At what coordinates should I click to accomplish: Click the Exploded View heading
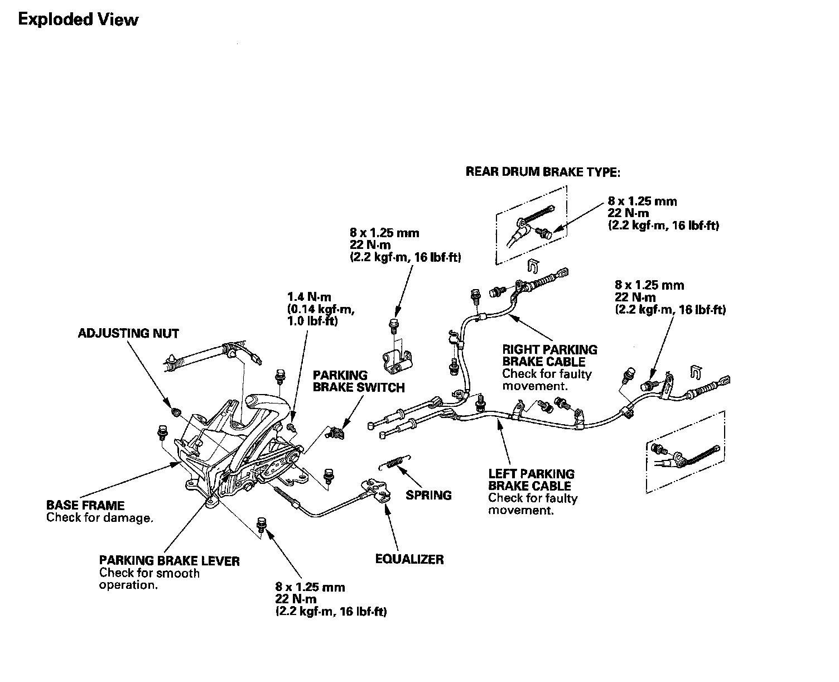tap(78, 20)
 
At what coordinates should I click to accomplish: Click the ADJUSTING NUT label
tap(128, 334)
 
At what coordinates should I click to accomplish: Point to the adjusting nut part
tap(175, 412)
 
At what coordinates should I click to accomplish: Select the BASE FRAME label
tap(85, 506)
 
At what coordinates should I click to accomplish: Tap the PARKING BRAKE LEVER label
tap(169, 560)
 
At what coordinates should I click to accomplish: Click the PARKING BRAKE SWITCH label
tap(358, 381)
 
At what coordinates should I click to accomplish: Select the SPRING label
tap(428, 494)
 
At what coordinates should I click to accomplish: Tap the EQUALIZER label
tap(409, 559)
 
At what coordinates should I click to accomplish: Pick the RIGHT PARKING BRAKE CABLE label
tap(549, 356)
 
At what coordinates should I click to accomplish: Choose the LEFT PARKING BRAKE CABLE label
tap(531, 480)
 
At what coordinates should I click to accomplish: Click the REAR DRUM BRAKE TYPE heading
tap(543, 172)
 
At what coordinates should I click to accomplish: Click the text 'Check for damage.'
tap(99, 518)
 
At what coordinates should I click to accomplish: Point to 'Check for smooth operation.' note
tap(149, 579)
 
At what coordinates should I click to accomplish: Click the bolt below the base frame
tap(260, 524)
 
